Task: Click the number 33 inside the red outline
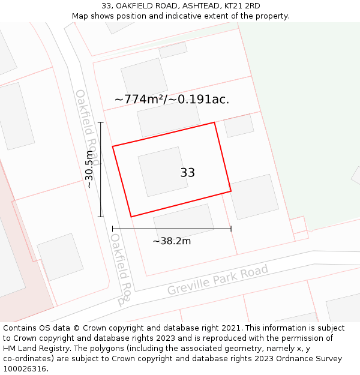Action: click(187, 173)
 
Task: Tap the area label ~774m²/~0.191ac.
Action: click(172, 100)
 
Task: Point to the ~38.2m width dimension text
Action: click(172, 241)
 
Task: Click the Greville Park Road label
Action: click(218, 281)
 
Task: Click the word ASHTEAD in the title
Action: click(195, 6)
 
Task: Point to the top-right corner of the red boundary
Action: click(214, 123)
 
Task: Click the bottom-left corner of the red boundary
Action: click(131, 217)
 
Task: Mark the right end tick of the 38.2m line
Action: click(231, 229)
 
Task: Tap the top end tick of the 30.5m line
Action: click(101, 122)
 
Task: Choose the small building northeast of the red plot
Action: click(239, 125)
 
